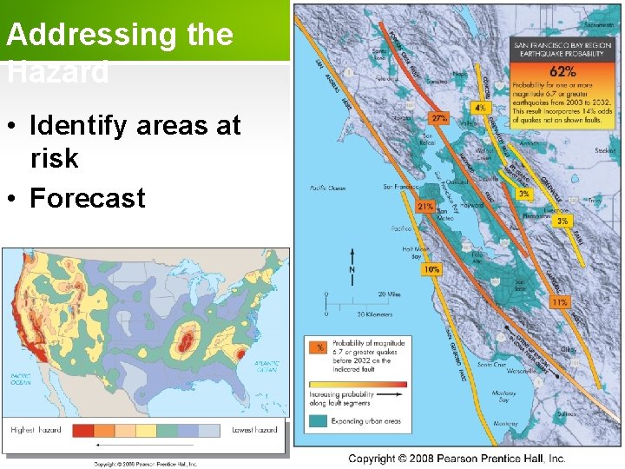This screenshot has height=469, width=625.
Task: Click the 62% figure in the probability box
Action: point(562,72)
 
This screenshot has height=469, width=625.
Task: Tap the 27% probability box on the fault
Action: point(440,117)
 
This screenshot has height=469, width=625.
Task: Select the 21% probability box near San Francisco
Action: point(425,208)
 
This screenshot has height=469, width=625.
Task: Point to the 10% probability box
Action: point(431,270)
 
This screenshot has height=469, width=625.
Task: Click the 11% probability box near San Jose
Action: point(560,302)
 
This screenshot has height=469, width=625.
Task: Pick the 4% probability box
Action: point(480,108)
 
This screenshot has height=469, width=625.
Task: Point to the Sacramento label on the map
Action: point(600,13)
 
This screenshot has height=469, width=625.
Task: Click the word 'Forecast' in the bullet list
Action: point(88,198)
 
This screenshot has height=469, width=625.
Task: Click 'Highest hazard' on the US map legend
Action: point(36,430)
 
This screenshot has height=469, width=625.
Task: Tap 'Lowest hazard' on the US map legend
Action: point(254,430)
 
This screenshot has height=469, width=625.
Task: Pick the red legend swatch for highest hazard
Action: point(83,430)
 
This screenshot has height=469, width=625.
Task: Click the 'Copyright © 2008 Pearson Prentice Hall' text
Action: point(457,458)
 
